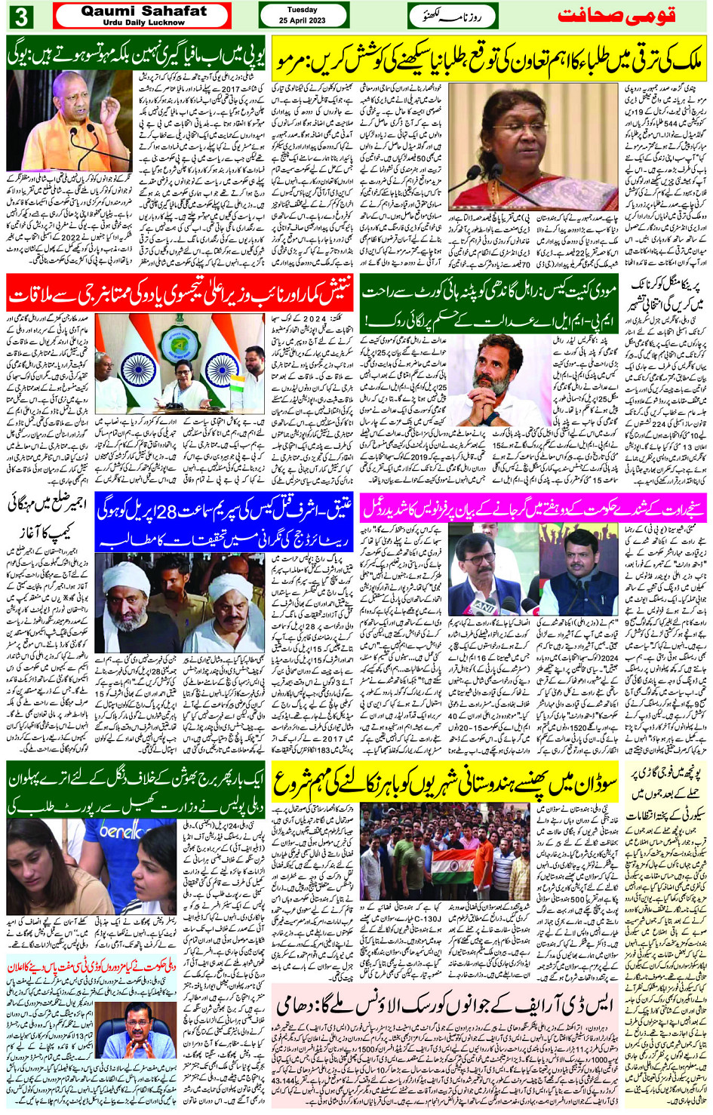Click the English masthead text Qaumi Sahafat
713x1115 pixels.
click(143, 11)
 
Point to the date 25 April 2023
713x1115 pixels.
click(302, 20)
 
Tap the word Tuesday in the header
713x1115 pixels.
click(302, 10)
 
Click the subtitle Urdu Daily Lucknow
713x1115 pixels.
click(143, 23)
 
